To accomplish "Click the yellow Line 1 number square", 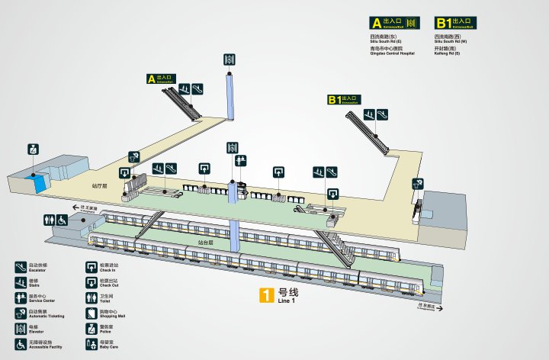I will point(266,296).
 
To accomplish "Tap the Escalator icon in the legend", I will point(21,267).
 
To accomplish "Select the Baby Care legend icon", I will point(90,346).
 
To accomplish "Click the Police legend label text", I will point(108,329).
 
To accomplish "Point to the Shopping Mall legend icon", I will point(90,313).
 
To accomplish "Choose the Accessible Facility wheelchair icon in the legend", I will point(21,346).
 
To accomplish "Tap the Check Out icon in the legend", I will point(90,282).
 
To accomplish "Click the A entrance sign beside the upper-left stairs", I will point(162,78).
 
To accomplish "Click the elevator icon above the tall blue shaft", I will point(230,59).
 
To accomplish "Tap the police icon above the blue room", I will point(33,149).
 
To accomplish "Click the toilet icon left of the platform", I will point(50,219).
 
